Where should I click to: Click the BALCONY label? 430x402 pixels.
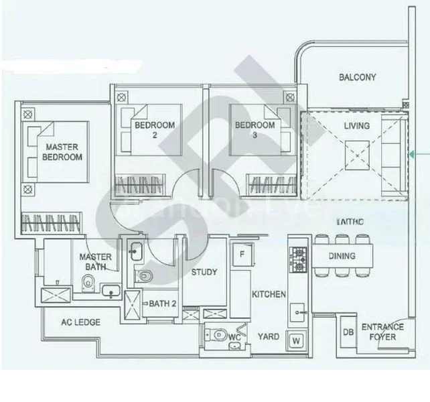(x=357, y=78)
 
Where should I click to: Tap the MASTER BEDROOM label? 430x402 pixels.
(x=62, y=152)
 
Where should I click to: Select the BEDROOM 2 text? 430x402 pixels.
(x=154, y=130)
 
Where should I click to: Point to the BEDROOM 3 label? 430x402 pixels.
(x=255, y=130)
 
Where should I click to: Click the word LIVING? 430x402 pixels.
(x=357, y=126)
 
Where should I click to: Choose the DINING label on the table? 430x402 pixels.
(x=342, y=256)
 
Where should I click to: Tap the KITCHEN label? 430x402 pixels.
(x=269, y=295)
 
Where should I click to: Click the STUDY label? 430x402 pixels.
(x=204, y=273)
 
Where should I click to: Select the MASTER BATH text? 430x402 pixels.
(x=95, y=262)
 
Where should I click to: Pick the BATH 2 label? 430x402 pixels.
(x=163, y=304)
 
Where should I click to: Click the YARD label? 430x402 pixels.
(x=269, y=337)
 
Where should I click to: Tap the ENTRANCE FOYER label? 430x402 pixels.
(x=382, y=332)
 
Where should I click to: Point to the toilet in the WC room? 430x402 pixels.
(x=218, y=335)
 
